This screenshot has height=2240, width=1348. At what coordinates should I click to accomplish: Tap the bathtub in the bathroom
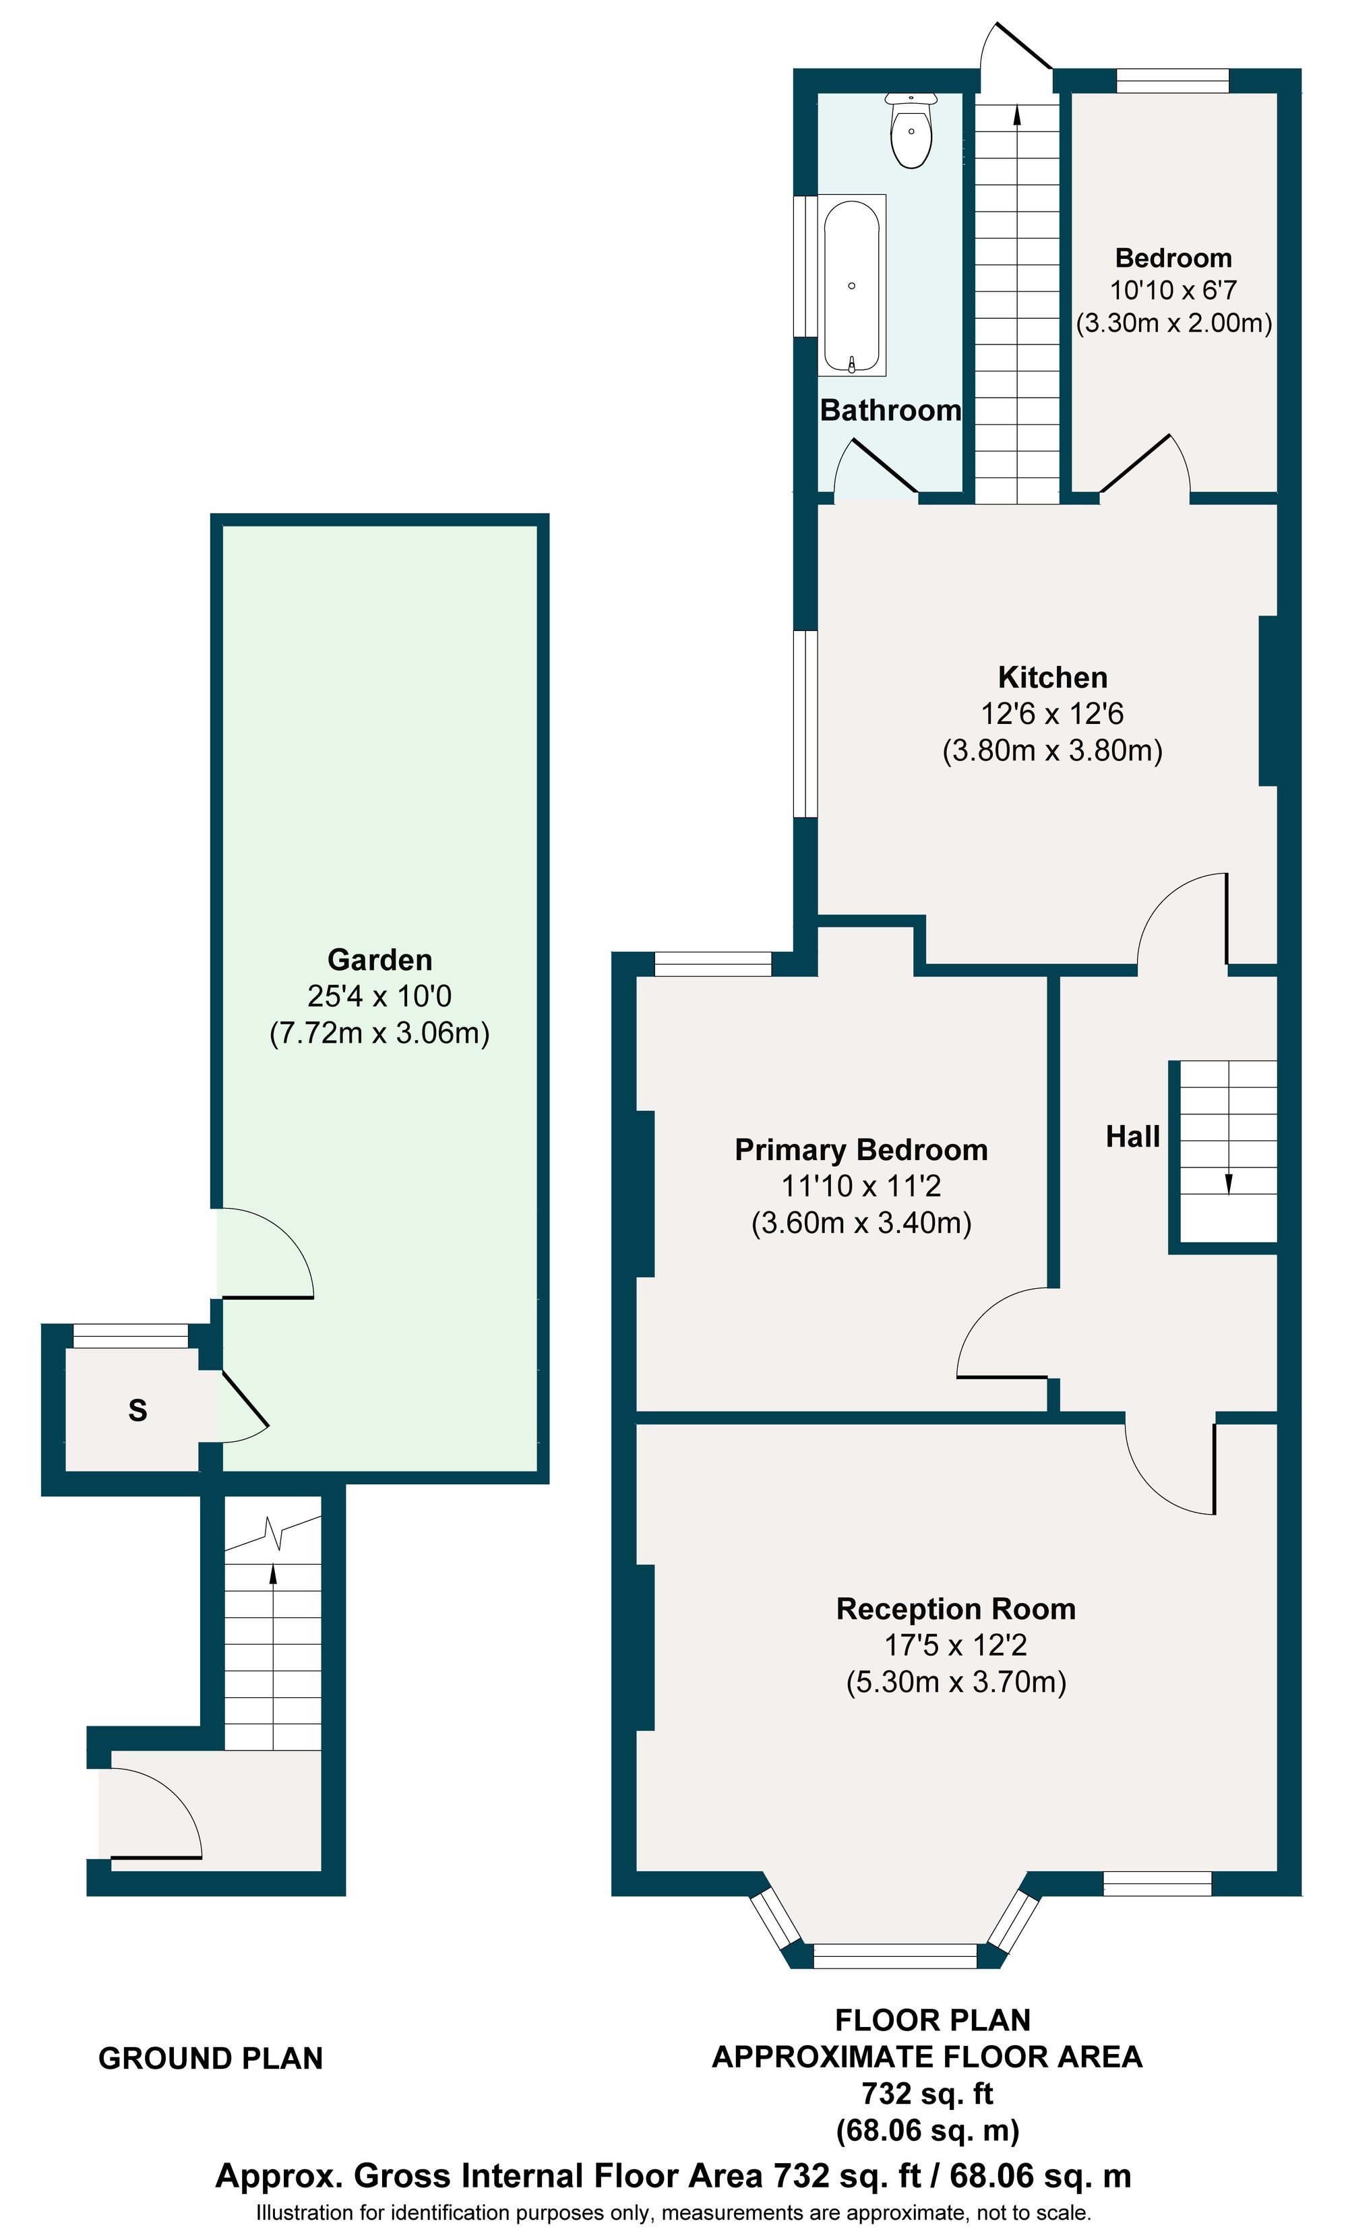click(x=851, y=285)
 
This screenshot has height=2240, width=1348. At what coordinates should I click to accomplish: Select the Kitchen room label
click(x=1052, y=677)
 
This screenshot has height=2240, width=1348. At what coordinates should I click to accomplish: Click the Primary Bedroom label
click(x=861, y=1149)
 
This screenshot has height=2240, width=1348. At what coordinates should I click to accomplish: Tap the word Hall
click(x=1133, y=1137)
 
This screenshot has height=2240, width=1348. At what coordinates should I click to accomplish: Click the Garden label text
click(x=379, y=959)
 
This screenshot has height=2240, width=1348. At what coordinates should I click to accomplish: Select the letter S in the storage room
click(x=137, y=1410)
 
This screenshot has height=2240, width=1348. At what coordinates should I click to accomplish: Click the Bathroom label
click(x=890, y=411)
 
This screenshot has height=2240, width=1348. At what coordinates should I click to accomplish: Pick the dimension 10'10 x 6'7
click(x=1173, y=290)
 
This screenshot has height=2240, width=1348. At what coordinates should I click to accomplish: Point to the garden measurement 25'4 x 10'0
click(x=379, y=996)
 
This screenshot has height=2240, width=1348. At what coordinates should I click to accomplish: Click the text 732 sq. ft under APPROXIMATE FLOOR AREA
click(x=927, y=2093)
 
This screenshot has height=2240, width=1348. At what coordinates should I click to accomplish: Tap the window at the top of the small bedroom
click(x=1173, y=81)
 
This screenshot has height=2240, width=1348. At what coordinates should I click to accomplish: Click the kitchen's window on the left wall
click(x=805, y=724)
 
